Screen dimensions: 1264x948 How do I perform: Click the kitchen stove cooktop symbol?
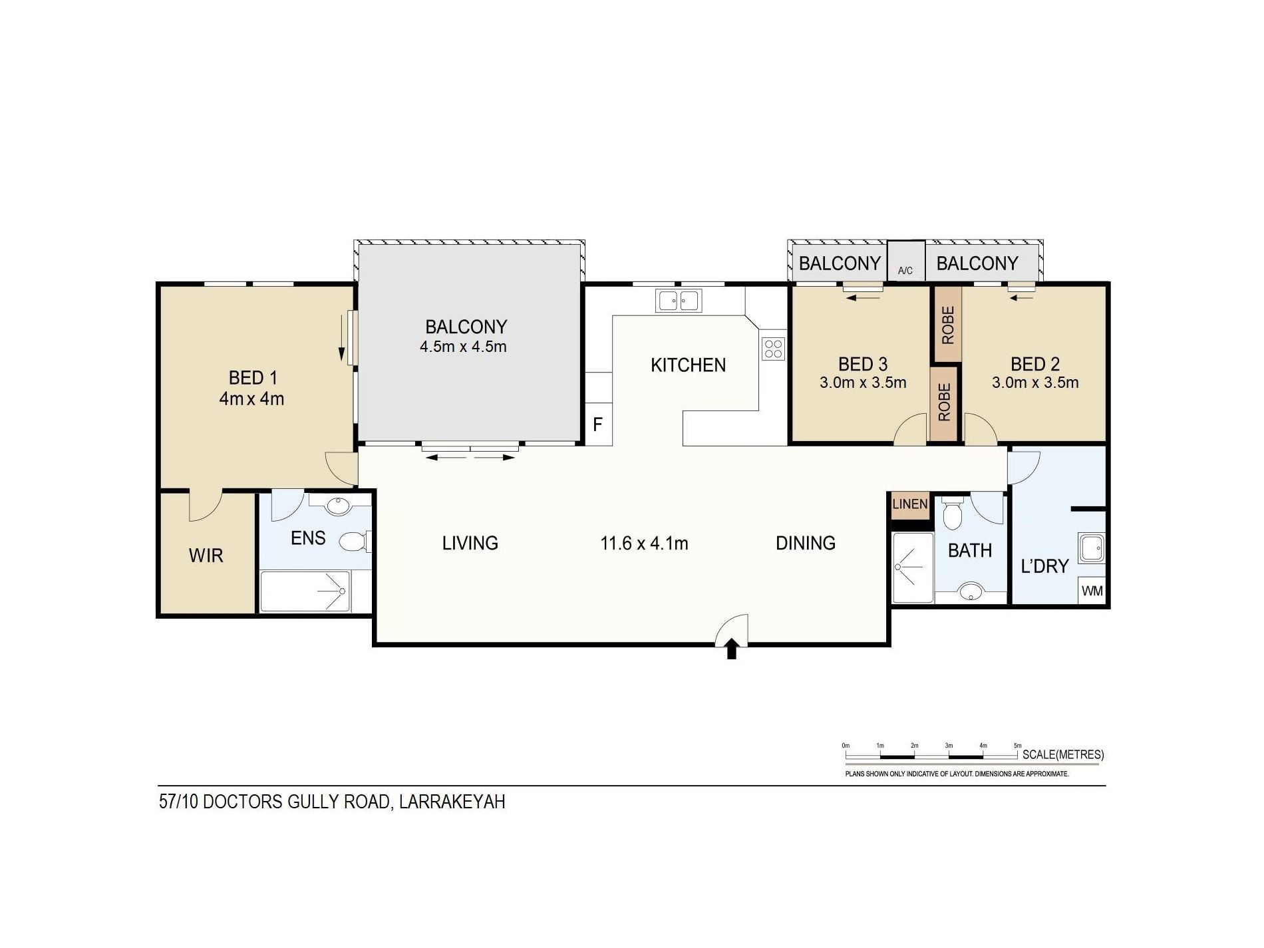point(773,349)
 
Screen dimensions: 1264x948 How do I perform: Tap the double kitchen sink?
point(679,301)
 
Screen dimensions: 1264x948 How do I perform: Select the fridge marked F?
point(597,424)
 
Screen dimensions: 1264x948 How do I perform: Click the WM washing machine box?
point(1092,591)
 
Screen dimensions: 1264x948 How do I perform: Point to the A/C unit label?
point(905,271)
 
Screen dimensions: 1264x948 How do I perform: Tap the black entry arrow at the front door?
point(732,649)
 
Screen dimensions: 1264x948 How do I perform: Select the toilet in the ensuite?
point(355,542)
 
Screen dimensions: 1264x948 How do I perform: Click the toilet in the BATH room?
point(953,513)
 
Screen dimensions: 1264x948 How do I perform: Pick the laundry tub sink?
point(1092,548)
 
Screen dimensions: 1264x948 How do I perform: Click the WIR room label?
point(206,555)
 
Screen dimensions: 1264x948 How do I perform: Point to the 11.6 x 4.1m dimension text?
point(644,544)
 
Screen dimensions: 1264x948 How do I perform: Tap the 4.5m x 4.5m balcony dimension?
point(463,347)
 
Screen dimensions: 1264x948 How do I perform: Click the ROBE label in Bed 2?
point(948,325)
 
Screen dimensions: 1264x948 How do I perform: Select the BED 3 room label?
point(863,365)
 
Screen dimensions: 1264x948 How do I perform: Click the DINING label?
point(806,544)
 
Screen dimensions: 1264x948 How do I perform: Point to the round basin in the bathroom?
point(971,591)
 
